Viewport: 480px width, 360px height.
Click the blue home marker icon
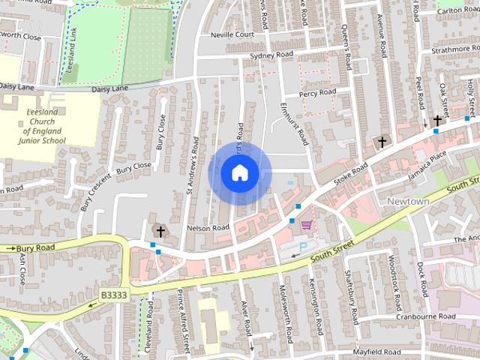tap(239, 173)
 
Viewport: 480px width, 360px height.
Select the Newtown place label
tap(408, 202)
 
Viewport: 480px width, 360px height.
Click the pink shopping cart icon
tap(306, 224)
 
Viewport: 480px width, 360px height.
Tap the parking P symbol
tap(304, 247)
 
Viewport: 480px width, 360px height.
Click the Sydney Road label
tap(271, 55)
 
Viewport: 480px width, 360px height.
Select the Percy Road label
tap(317, 93)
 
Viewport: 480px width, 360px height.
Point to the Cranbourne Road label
tap(427, 316)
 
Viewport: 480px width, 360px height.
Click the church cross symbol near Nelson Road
tap(158, 229)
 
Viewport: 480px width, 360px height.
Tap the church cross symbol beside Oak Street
tap(437, 120)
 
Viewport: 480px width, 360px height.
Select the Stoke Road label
tap(352, 172)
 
